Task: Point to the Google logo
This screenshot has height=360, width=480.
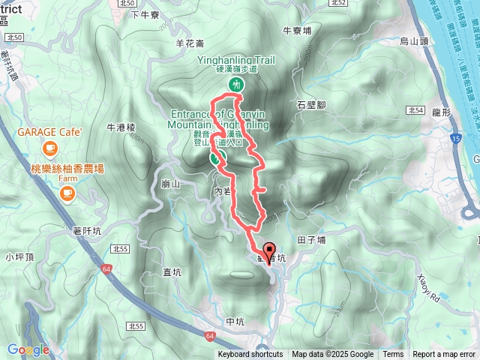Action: tap(28, 349)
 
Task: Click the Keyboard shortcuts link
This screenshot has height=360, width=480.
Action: tap(250, 355)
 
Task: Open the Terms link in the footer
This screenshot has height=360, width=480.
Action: tap(393, 355)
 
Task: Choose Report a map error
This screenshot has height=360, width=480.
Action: tap(444, 355)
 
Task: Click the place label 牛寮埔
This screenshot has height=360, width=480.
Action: tap(297, 31)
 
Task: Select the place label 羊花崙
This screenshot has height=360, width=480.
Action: tap(190, 43)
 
